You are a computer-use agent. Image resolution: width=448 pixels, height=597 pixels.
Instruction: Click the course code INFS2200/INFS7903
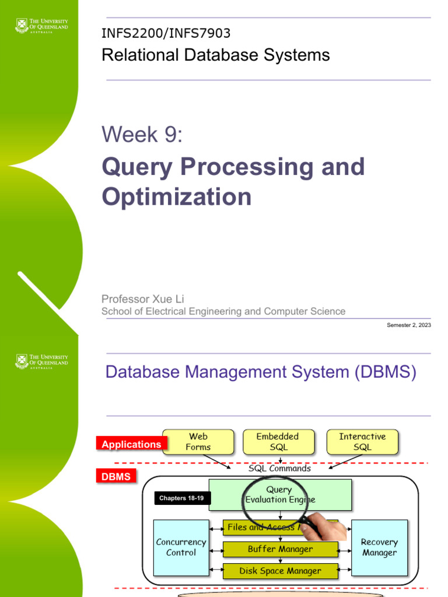click(170, 34)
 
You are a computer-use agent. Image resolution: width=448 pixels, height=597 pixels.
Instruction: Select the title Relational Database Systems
click(215, 55)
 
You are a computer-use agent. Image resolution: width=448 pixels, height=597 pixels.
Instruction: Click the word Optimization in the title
click(177, 196)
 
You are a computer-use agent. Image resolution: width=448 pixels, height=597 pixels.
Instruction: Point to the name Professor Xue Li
click(143, 299)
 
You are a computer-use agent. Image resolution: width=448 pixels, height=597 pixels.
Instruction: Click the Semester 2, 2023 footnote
click(409, 325)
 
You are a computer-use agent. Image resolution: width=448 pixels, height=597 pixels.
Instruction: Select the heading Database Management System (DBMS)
click(261, 372)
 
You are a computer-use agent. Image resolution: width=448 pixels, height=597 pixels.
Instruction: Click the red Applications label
click(131, 444)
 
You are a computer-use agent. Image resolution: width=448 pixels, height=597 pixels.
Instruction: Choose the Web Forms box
click(198, 442)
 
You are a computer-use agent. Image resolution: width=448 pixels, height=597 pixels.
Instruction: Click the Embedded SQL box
click(278, 442)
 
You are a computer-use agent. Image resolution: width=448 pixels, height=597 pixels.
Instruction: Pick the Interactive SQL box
click(362, 442)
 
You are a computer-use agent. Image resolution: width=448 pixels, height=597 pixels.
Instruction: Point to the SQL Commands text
click(279, 468)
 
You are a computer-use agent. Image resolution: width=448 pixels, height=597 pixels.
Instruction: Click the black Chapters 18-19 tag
click(181, 498)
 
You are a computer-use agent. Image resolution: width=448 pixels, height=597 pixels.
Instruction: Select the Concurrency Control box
click(181, 547)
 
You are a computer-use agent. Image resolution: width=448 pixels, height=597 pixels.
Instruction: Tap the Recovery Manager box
click(379, 547)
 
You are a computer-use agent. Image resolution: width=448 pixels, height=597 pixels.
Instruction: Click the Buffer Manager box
click(280, 549)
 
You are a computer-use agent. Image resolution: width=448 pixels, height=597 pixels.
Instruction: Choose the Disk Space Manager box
click(280, 571)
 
